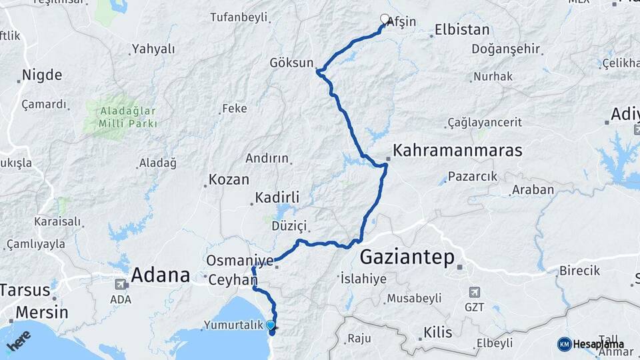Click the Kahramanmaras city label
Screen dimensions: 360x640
click(457, 151)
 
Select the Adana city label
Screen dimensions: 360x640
click(161, 274)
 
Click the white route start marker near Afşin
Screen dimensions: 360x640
click(384, 19)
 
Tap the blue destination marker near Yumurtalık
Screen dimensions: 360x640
click(270, 325)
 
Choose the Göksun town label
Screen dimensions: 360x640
click(291, 63)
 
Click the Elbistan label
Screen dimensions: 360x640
click(462, 29)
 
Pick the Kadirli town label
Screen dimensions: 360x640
click(277, 198)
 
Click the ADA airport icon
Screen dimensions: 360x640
click(121, 283)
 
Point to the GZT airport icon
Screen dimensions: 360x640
click(474, 291)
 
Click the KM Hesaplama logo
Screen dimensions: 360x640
click(591, 344)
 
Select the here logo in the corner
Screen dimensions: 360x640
click(19, 341)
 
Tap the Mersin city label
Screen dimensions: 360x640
click(41, 312)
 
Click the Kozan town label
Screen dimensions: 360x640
click(229, 179)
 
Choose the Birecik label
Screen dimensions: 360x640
click(579, 271)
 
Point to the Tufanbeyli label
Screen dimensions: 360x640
click(238, 17)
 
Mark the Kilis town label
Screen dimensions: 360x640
click(438, 332)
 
